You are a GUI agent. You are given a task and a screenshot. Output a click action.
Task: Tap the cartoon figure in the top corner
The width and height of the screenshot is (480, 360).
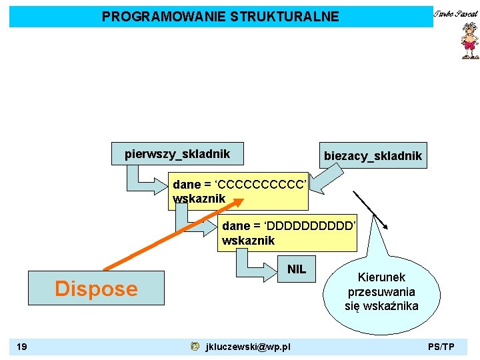[469, 42]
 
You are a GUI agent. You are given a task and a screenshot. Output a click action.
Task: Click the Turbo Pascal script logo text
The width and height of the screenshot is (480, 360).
[456, 13]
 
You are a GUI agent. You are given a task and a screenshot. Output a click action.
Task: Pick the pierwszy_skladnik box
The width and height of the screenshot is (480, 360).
[177, 154]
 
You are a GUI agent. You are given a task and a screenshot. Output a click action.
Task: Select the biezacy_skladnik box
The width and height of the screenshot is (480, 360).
[372, 156]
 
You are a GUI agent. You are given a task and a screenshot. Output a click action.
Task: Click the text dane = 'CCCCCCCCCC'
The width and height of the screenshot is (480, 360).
[239, 183]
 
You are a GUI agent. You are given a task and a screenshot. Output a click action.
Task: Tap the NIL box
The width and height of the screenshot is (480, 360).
[296, 269]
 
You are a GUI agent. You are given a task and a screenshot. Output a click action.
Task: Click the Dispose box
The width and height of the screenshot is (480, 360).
[96, 288]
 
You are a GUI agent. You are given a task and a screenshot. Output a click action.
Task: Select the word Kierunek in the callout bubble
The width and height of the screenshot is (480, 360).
[381, 277]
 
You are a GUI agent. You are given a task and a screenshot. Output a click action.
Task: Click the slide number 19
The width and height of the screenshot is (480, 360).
[23, 347]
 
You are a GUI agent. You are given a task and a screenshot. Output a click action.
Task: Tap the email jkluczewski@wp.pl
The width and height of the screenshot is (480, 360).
[248, 347]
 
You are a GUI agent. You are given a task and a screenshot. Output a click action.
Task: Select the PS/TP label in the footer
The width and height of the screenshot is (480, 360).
[441, 347]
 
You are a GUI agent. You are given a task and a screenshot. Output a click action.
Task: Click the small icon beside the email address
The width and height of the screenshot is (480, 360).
[194, 347]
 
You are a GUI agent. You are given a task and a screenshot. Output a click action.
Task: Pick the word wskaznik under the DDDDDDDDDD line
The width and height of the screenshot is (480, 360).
[248, 241]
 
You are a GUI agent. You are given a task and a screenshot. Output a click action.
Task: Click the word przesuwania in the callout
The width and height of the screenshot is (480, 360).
[381, 292]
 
